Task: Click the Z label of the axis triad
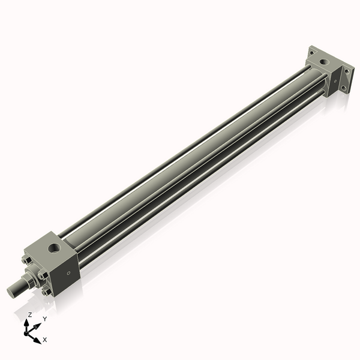pos(30,314)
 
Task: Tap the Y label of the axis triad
pos(44,319)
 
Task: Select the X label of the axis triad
pos(45,340)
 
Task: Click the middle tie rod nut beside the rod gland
pos(42,276)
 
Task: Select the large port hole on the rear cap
pos(325,61)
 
